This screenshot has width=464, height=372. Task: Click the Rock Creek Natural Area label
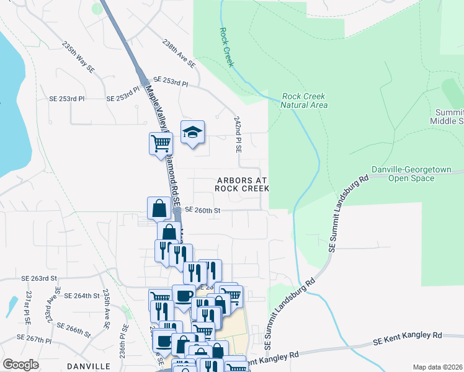coord(304,100)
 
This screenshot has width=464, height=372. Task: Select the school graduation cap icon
coord(192,132)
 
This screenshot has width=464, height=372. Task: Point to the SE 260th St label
coord(202,211)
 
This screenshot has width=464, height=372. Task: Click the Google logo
coord(20,365)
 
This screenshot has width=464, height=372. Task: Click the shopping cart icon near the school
coord(160,143)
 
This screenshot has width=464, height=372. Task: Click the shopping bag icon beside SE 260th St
coord(159,208)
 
